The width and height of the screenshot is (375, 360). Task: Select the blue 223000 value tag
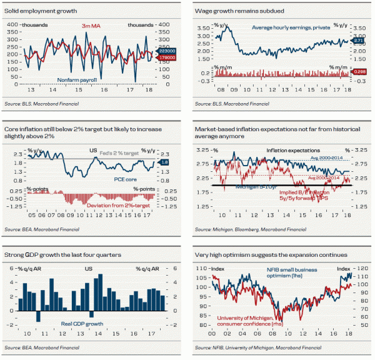tap(169, 51)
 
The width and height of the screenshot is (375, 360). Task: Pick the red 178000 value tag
tap(169, 57)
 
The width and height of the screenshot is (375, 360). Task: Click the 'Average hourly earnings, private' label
tap(287, 27)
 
